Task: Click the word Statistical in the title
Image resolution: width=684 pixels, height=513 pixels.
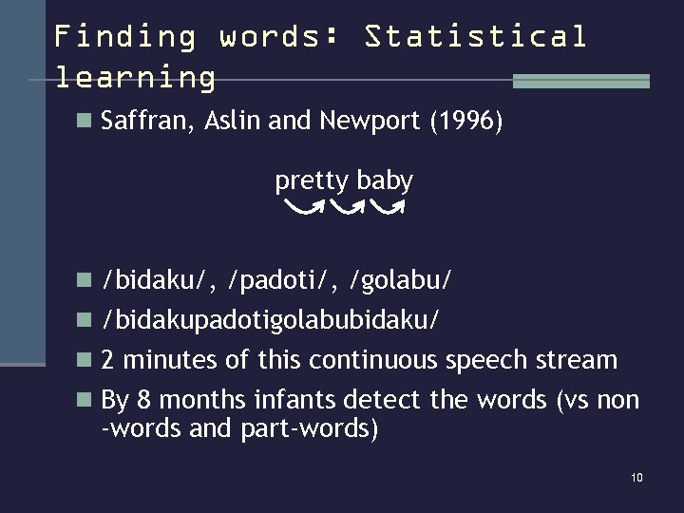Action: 476,37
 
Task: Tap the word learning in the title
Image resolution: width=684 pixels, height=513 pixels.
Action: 136,76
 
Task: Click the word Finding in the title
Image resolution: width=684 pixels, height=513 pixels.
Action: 124,37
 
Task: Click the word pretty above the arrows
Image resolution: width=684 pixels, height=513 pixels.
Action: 313,180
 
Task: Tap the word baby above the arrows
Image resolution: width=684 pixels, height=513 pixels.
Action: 385,180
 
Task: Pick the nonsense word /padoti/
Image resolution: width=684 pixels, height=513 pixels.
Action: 280,280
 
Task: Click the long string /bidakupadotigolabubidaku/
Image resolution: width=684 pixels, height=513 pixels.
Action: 271,320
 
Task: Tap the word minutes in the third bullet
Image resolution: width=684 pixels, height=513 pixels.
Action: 169,360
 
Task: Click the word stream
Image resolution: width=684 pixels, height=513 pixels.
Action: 578,360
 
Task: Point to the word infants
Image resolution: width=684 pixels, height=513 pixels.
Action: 294,400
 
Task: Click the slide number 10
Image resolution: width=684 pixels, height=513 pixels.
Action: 636,477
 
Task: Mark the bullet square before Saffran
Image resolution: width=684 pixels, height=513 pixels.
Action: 84,122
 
